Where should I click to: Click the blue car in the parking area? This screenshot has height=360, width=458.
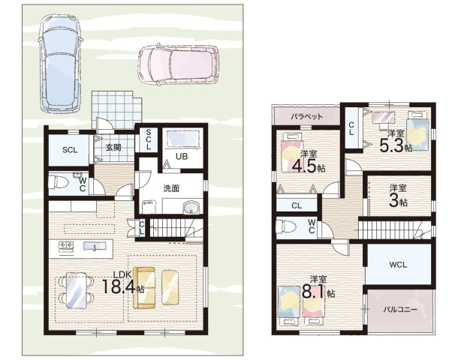coord(60,63)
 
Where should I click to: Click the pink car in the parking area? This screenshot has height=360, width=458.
coord(179,64)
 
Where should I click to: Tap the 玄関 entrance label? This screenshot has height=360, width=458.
coord(113,147)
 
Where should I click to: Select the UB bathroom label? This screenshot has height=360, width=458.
coord(182,156)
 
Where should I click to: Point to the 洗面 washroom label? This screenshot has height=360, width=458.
coord(171,188)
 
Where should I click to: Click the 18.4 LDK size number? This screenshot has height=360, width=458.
coord(119,286)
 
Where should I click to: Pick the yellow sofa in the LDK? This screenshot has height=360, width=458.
coord(144,288)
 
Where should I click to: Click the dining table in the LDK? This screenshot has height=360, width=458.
coord(77,290)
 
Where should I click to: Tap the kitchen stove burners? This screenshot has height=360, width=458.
coord(67,247)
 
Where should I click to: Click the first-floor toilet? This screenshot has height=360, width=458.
coord(58,183)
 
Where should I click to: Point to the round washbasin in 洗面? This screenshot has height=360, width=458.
coord(191,208)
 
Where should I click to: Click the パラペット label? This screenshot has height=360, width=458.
coord(306,117)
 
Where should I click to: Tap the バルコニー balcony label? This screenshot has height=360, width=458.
coord(400,309)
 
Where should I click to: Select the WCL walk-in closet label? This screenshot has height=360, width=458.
coord(398,265)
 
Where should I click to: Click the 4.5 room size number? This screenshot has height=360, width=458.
coord(304,166)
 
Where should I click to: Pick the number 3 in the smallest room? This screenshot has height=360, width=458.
coord(394,200)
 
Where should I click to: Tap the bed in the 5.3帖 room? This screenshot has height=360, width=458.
coord(417,131)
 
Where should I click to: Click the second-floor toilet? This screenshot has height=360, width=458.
coord(286,226)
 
